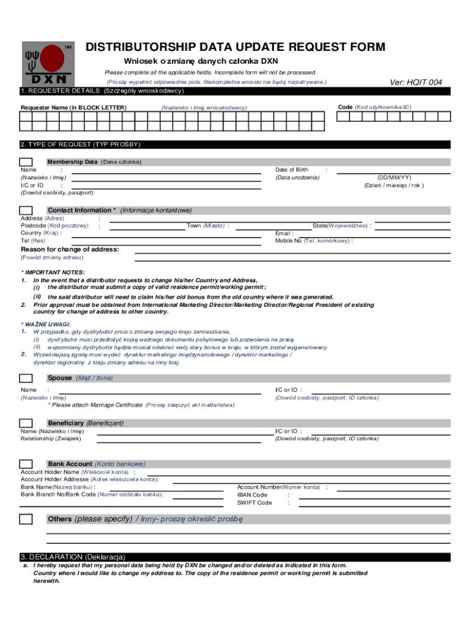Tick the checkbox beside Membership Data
26,162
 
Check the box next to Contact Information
26,210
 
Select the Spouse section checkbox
26,378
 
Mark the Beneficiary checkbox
26,423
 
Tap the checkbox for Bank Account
26,464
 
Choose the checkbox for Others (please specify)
26,519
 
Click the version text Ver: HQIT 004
415,83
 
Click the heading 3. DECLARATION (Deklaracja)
73,557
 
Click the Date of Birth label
292,170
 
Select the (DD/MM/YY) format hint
393,178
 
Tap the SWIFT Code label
254,503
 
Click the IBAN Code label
252,495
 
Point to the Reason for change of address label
70,249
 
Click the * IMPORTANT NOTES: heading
53,272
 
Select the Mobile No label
288,241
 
